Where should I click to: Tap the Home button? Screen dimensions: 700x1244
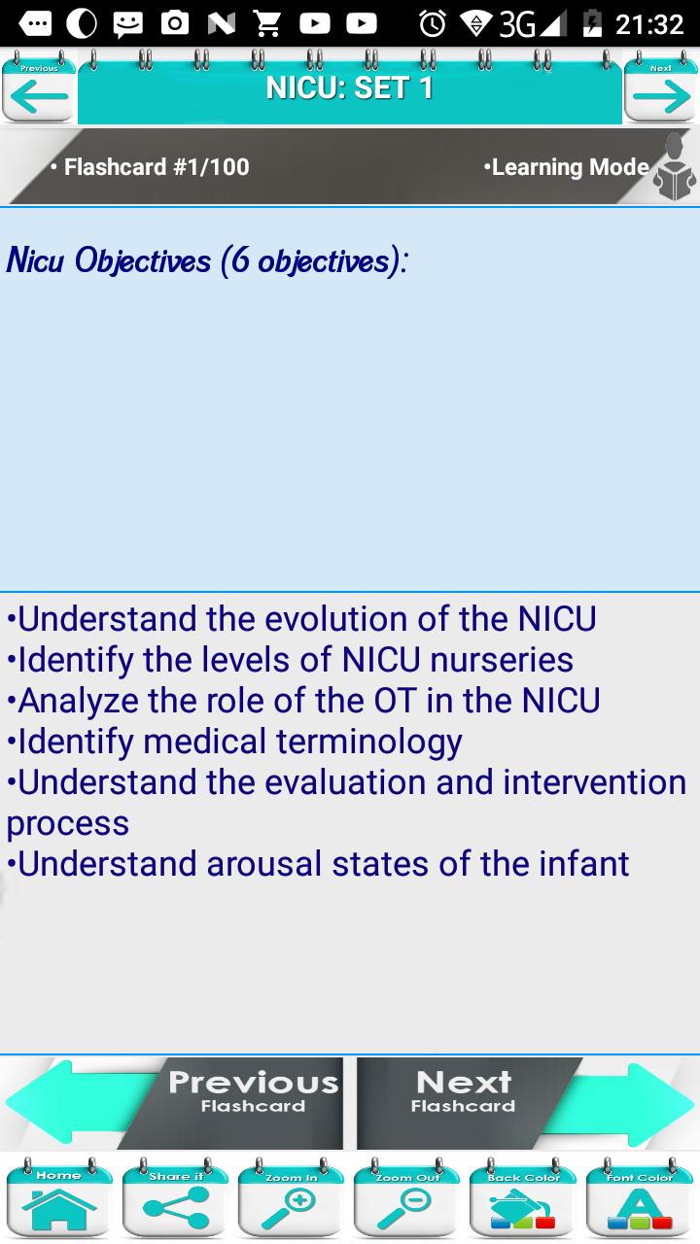pyautogui.click(x=59, y=1198)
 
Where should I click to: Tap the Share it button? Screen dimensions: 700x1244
pyautogui.click(x=175, y=1198)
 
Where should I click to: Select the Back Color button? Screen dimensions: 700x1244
pyautogui.click(x=523, y=1198)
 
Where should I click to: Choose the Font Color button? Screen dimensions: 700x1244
pyautogui.click(x=640, y=1198)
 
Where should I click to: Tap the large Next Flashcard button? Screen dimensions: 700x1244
pyautogui.click(x=525, y=1103)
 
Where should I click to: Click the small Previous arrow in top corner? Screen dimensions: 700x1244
pyautogui.click(x=39, y=87)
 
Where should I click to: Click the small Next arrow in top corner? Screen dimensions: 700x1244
pyautogui.click(x=660, y=87)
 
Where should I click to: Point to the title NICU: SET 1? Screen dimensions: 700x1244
pyautogui.click(x=349, y=87)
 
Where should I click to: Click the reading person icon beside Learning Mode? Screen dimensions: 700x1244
pyautogui.click(x=674, y=166)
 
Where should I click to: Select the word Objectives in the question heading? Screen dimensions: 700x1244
pyautogui.click(x=143, y=260)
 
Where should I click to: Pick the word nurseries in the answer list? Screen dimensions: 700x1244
pyautogui.click(x=502, y=659)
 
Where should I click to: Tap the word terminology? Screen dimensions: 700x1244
pyautogui.click(x=368, y=742)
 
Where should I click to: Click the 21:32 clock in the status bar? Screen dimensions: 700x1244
pyautogui.click(x=648, y=24)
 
